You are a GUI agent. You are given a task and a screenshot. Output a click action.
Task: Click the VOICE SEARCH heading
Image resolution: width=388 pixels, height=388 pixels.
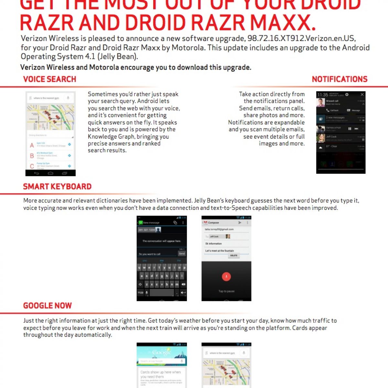coord(49,79)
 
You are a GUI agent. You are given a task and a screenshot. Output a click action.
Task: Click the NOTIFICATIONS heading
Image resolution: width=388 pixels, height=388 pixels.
coord(339,79)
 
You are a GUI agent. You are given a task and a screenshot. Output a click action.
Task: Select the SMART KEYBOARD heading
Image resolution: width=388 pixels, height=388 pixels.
coord(57,187)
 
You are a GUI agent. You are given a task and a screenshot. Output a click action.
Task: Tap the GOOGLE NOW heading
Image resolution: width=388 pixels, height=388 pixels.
coord(48,306)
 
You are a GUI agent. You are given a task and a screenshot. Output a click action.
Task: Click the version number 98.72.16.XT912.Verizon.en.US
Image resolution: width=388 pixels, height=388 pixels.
coord(301,38)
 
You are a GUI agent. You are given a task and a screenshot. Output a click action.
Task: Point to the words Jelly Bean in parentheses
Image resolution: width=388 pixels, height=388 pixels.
coord(119,57)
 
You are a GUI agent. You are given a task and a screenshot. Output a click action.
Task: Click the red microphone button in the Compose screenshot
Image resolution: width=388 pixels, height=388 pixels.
coord(226,276)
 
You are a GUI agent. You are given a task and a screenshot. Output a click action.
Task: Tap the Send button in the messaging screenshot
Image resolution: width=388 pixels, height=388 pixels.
coord(182,253)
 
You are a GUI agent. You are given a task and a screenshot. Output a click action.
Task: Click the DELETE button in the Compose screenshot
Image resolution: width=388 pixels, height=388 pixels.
coord(233,255)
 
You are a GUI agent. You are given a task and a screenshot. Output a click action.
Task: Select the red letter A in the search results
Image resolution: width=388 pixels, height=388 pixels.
coord(32,145)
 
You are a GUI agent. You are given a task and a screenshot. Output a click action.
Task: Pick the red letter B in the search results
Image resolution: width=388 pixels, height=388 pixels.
coord(32,156)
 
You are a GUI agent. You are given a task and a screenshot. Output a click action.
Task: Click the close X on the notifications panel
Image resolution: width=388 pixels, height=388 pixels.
coord(362,94)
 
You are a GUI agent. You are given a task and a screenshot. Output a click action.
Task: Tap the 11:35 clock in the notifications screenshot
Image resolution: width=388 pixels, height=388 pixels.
coord(322,95)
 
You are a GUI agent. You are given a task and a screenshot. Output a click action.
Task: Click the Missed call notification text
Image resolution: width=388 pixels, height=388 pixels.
coord(332,101)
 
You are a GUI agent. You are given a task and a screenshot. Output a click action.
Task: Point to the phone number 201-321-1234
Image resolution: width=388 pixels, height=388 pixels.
coord(146,230)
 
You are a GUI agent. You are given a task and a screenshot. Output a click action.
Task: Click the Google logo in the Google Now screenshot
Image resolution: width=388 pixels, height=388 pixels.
coord(161,352)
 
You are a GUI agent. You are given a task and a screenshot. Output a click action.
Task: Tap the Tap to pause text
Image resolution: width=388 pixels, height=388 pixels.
coord(226,291)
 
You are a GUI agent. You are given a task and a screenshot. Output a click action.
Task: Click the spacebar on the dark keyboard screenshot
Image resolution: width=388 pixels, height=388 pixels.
coord(162,293)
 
